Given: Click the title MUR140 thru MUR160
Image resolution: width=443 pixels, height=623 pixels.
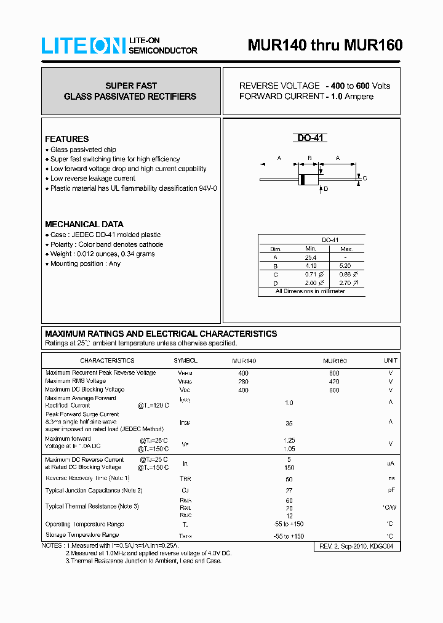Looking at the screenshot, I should point(325,45).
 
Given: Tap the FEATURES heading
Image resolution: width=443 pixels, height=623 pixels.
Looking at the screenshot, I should point(67,139).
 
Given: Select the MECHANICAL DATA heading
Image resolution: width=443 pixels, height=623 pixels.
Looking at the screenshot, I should point(84,224).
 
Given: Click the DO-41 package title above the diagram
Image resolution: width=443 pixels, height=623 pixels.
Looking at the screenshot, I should point(311,139).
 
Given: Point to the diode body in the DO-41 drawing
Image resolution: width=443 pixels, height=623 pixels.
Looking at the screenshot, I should point(308,179).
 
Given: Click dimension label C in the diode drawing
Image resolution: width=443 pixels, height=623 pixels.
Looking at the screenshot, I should point(365,179).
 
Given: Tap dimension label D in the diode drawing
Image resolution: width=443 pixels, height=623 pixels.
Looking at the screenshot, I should point(325,189).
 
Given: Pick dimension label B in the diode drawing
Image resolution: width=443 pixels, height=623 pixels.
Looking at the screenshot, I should point(309,159).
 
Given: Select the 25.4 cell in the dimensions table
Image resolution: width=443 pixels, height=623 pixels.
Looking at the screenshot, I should point(311,257).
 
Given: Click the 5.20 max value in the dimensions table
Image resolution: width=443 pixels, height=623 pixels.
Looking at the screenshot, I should point(346,265).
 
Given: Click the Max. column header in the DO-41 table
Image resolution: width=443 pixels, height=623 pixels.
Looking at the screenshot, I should point(346,249).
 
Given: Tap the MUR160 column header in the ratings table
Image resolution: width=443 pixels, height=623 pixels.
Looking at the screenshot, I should point(334,361).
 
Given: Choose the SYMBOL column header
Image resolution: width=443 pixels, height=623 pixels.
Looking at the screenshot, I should point(185,361).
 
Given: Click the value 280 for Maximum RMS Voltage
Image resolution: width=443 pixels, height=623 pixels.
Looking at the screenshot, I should point(244,382).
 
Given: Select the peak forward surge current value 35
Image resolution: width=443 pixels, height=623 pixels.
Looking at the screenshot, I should point(289,424).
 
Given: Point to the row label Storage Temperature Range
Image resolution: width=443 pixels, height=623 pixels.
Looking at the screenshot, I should point(82,536).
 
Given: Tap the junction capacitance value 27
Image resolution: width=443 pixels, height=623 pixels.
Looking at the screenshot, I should point(289,491).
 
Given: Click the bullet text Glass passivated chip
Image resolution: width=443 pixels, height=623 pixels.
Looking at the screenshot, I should point(83,150).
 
